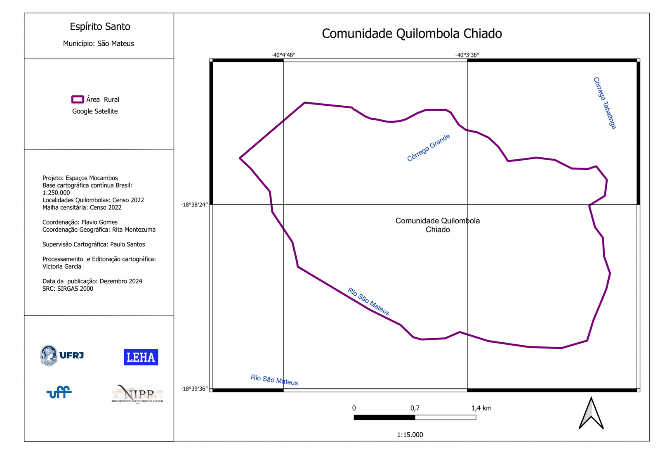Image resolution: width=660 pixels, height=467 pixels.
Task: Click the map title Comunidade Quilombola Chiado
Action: pyautogui.click(x=412, y=33)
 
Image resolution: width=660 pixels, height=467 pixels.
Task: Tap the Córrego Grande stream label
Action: pyautogui.click(x=428, y=147)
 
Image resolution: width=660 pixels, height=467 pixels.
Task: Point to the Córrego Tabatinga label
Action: pyautogui.click(x=604, y=103)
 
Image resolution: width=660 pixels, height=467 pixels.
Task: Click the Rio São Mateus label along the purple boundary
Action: pyautogui.click(x=368, y=301)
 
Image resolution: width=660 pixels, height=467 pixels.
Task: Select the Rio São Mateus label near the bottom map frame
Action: pyautogui.click(x=274, y=380)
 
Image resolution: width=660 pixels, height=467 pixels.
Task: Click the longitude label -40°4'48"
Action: pyautogui.click(x=283, y=55)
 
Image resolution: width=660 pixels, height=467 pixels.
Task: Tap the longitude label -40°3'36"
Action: pyautogui.click(x=467, y=55)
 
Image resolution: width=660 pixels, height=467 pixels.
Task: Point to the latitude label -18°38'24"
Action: pyautogui.click(x=194, y=205)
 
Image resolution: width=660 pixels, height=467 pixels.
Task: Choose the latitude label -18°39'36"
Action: pyautogui.click(x=194, y=389)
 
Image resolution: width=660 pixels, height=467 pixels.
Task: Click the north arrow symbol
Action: pyautogui.click(x=591, y=413)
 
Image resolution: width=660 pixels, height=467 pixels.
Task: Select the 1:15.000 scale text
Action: pyautogui.click(x=410, y=435)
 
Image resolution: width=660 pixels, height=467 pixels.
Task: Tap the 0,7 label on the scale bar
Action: pyautogui.click(x=415, y=408)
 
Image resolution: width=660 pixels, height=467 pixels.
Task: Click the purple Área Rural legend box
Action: pyautogui.click(x=78, y=99)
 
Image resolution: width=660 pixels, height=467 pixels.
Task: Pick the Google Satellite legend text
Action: pyautogui.click(x=95, y=111)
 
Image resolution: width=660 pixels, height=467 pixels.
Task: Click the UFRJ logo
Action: pyautogui.click(x=62, y=356)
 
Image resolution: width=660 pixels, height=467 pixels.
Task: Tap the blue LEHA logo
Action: pyautogui.click(x=141, y=357)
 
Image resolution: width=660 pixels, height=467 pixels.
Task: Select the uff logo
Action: pyautogui.click(x=59, y=392)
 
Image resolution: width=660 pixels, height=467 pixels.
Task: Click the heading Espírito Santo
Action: pyautogui.click(x=100, y=26)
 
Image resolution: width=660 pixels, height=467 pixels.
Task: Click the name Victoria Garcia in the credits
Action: pyautogui.click(x=62, y=266)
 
